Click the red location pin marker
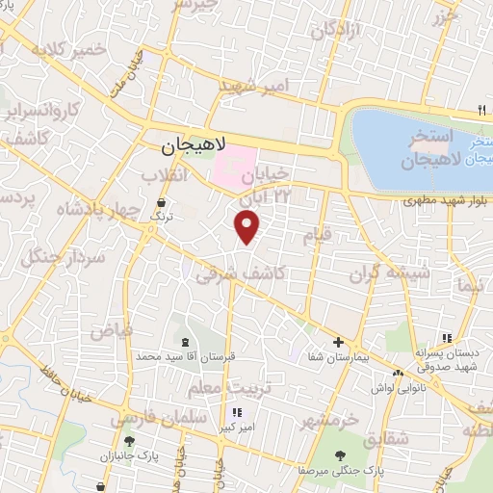247,227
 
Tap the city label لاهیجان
194,145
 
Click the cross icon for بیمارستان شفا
338,342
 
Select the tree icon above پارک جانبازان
129,440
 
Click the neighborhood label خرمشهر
327,421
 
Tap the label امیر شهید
254,87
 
